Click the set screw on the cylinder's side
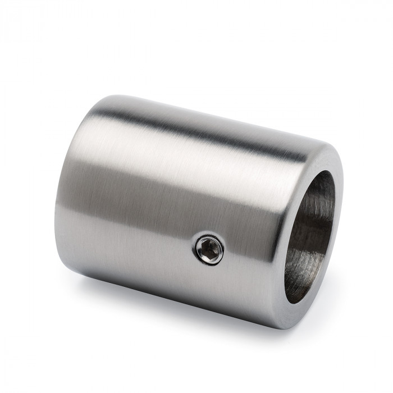tap(209, 248)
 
